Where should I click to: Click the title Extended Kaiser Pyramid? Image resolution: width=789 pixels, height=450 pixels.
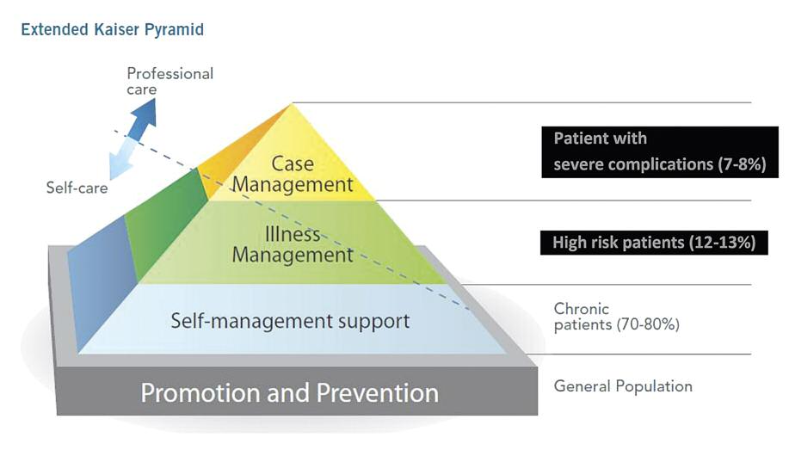tap(112, 30)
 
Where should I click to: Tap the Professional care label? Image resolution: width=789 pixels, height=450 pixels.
tap(170, 81)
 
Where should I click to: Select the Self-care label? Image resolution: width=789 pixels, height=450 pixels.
tap(77, 187)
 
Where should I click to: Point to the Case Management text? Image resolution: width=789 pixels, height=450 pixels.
tap(293, 174)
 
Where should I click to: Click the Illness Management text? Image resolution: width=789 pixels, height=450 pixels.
tap(293, 245)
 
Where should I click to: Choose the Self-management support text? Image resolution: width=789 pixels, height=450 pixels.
tap(290, 322)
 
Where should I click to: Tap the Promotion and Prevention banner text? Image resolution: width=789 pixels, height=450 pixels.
tap(289, 393)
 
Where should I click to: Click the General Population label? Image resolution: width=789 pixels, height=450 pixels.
tap(623, 385)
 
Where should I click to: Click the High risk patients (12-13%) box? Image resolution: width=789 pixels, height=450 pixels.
tap(654, 243)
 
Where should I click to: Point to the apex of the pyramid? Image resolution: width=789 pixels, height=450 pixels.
tap(293, 105)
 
